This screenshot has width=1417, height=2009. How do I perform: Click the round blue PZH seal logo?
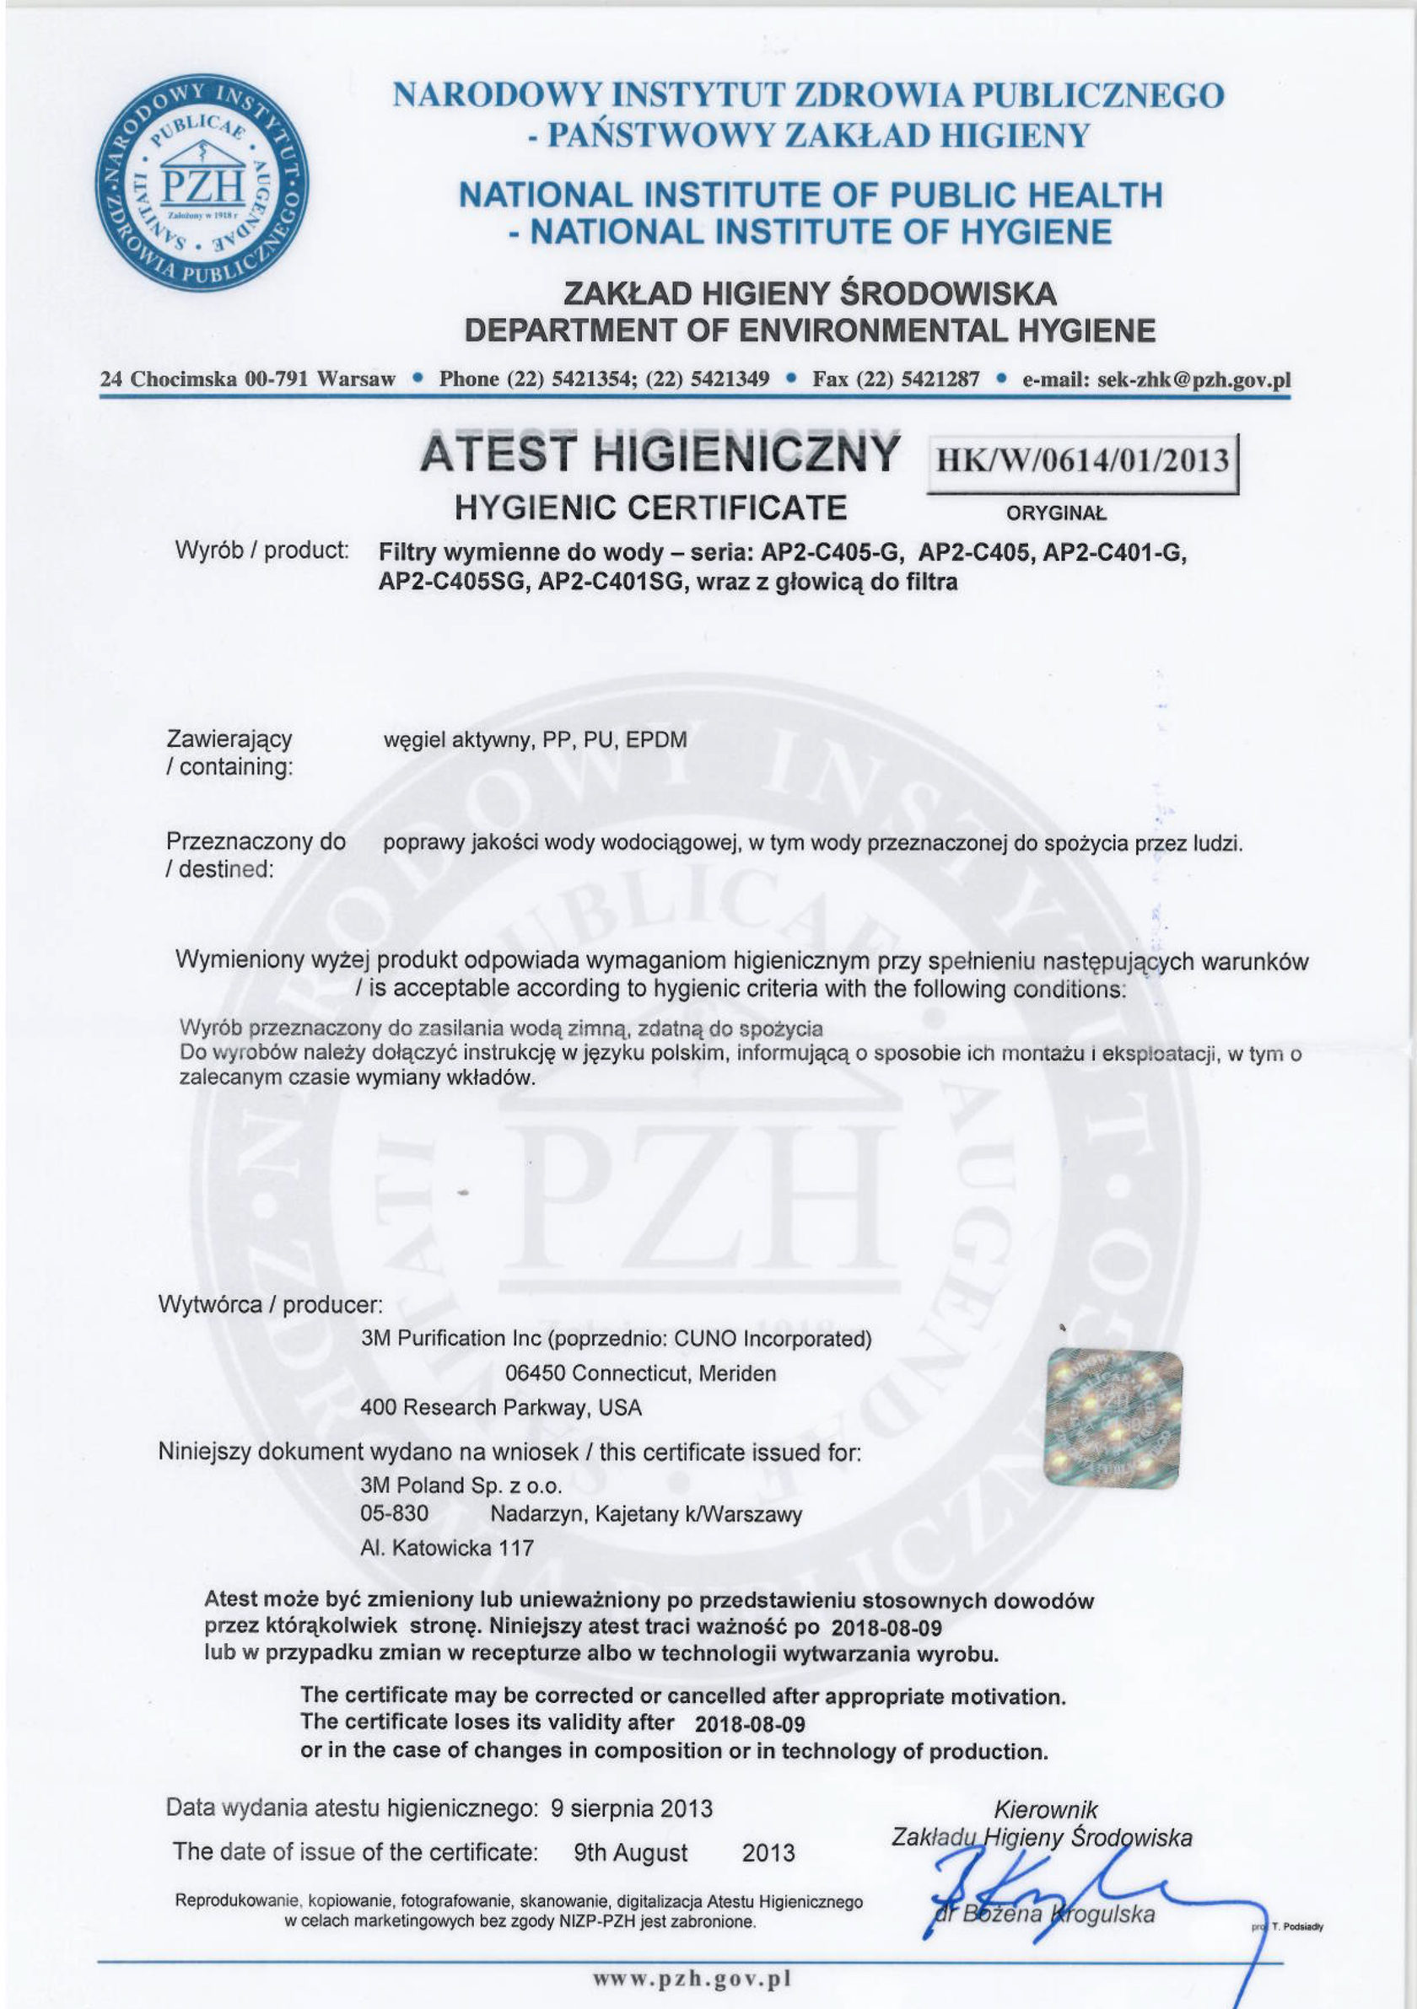pyautogui.click(x=202, y=182)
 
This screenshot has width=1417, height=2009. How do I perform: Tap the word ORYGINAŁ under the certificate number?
pyautogui.click(x=1056, y=513)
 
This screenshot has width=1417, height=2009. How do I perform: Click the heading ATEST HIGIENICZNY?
pyautogui.click(x=659, y=454)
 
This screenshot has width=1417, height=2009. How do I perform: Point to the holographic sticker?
pyautogui.click(x=1113, y=1419)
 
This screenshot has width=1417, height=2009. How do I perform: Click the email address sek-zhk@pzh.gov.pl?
pyautogui.click(x=1193, y=379)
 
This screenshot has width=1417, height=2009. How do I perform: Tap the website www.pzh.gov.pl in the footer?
pyautogui.click(x=692, y=1979)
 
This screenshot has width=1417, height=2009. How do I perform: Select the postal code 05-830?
pyautogui.click(x=394, y=1514)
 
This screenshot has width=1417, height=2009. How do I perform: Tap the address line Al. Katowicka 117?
pyautogui.click(x=446, y=1548)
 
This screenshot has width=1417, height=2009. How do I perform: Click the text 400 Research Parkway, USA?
pyautogui.click(x=501, y=1407)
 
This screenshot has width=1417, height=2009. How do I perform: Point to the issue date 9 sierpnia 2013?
pyautogui.click(x=631, y=1808)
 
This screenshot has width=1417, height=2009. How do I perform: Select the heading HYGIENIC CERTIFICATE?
pyautogui.click(x=650, y=508)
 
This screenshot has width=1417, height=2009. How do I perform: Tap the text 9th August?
pyautogui.click(x=630, y=1852)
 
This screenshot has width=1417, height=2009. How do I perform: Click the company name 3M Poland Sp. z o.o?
pyautogui.click(x=461, y=1485)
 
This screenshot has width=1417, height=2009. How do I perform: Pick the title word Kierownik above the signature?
pyautogui.click(x=1045, y=1810)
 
